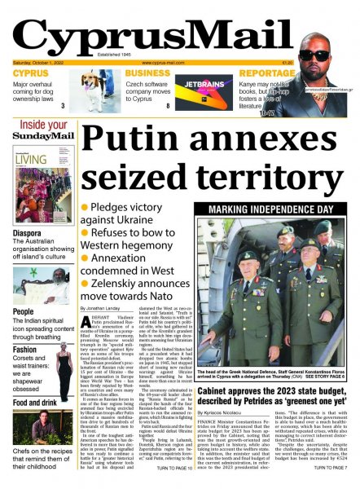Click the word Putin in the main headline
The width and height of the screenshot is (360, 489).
(x=131, y=138)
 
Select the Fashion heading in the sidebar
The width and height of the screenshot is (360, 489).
(x=24, y=349)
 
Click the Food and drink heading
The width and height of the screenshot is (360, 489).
(x=35, y=402)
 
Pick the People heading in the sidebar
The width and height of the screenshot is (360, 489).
(x=23, y=311)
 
